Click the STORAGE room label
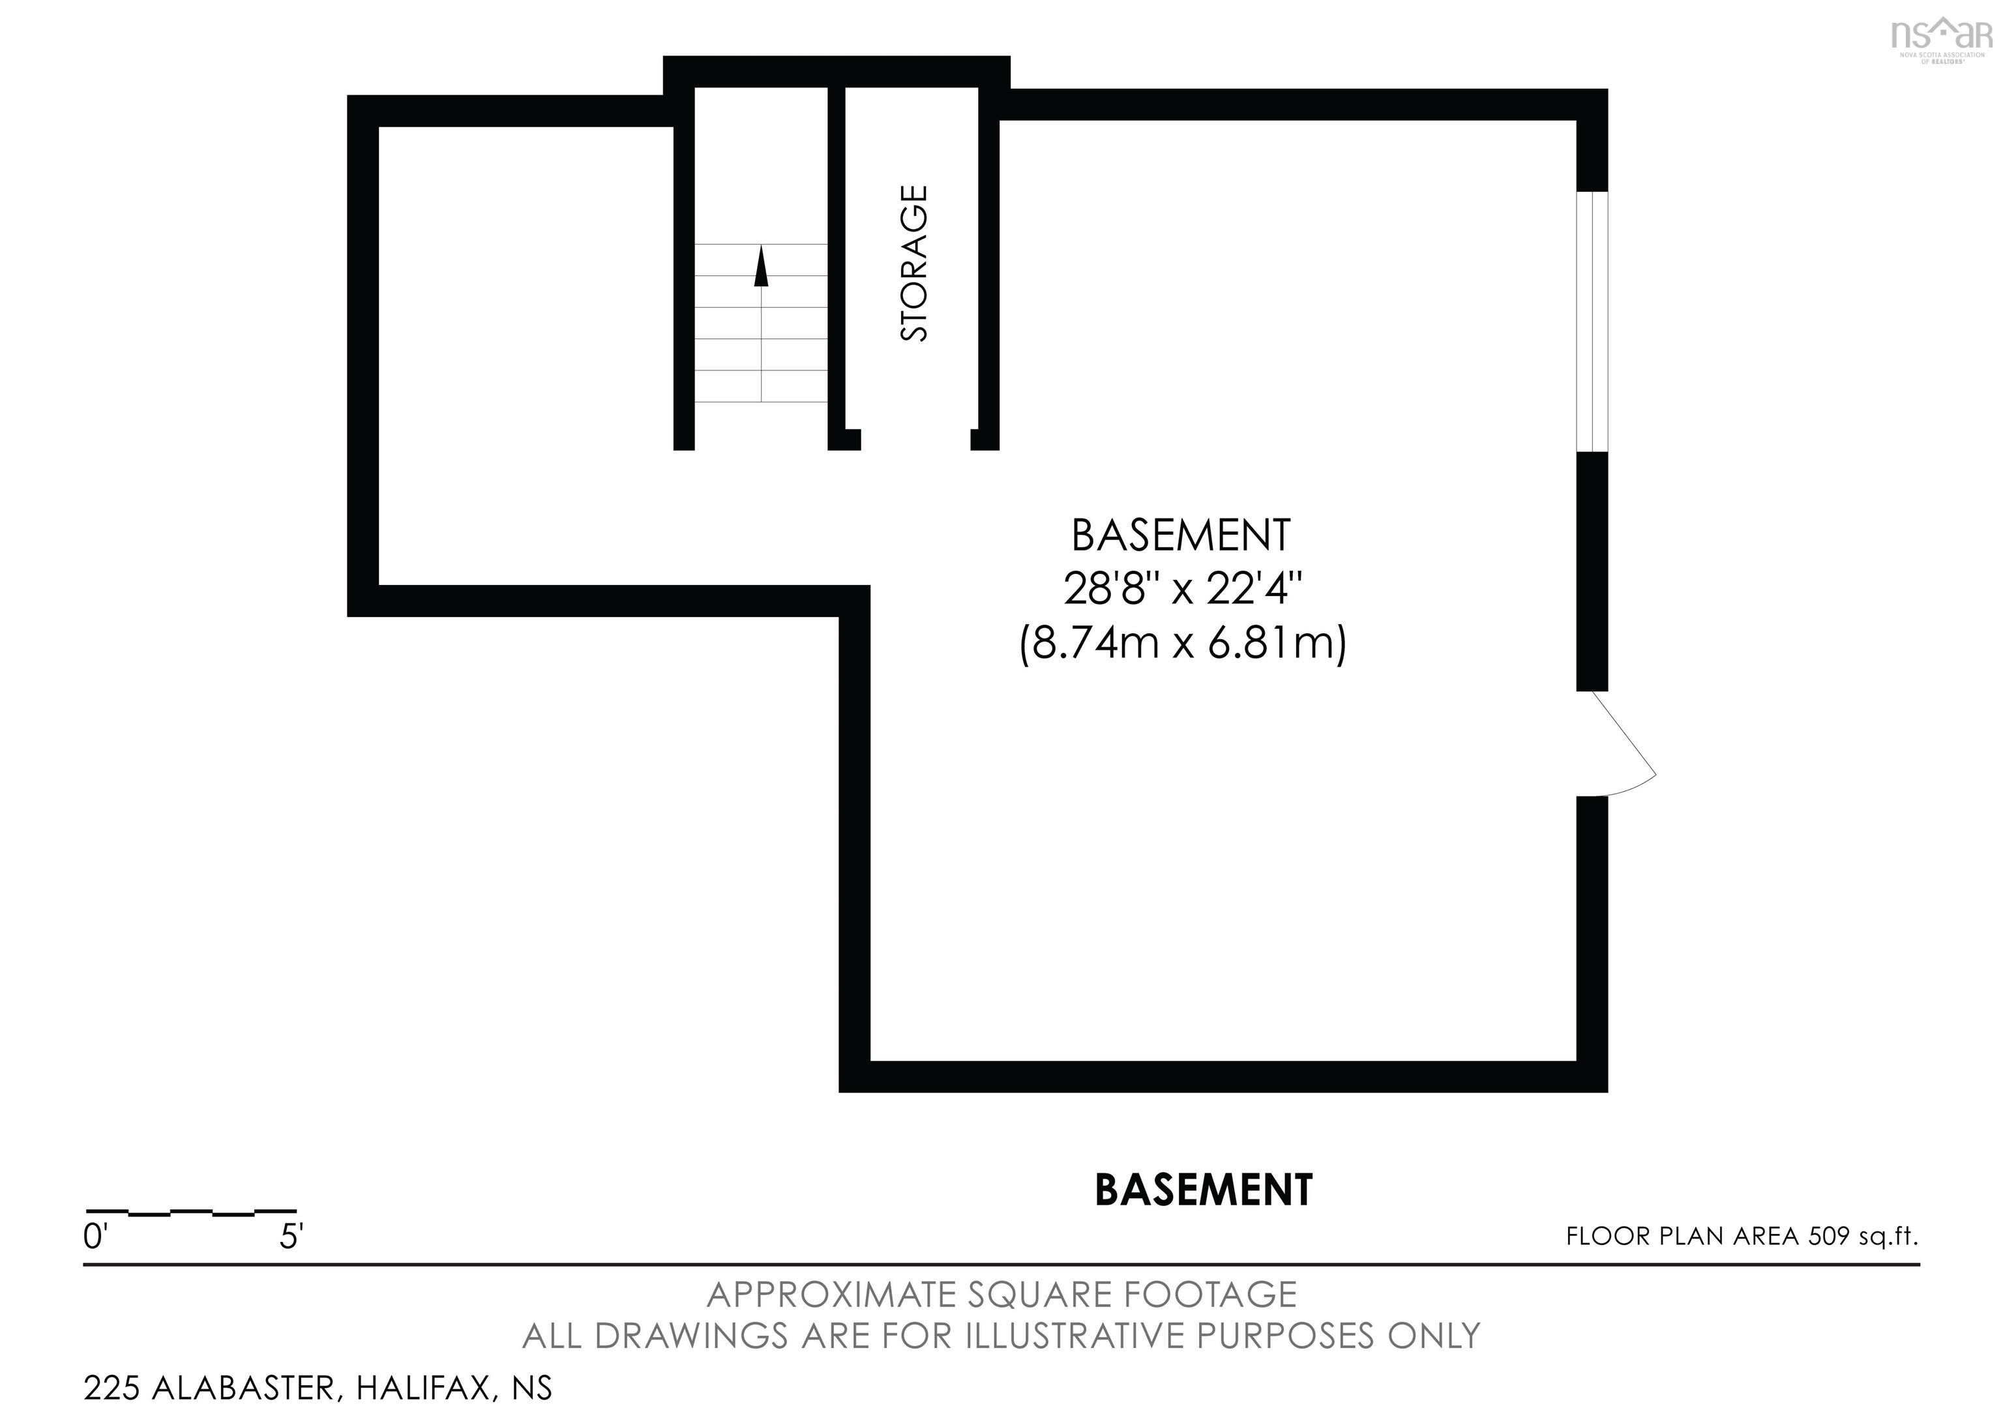tap(913, 263)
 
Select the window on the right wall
tap(1592, 321)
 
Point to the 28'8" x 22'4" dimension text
tap(1182, 590)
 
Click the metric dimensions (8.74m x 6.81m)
tap(1182, 644)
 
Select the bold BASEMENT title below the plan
tap(1203, 1190)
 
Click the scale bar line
tap(191, 1212)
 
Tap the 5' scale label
tap(291, 1237)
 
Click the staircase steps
tap(761, 340)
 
